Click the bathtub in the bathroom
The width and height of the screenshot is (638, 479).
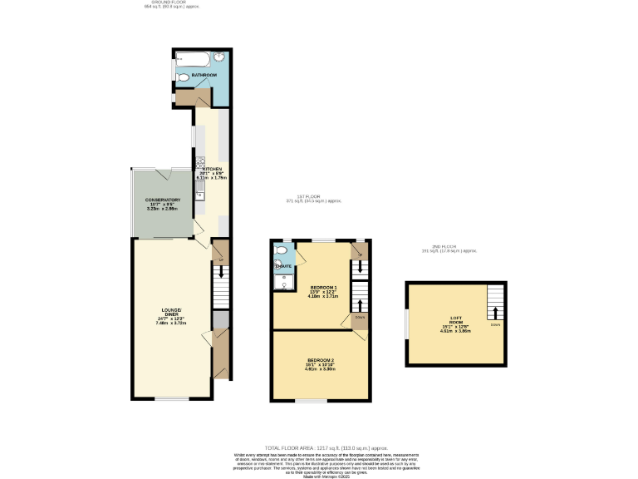[x=193, y=58]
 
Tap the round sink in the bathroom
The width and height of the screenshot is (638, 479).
[x=220, y=57]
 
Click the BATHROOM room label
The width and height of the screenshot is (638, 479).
[x=204, y=75]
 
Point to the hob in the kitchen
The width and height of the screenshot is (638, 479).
[x=200, y=163]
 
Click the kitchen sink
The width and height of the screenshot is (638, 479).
[x=199, y=192]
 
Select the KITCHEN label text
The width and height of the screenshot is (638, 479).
[x=212, y=169]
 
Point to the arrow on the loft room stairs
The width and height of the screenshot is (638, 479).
[x=495, y=312]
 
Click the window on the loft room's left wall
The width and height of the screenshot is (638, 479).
[x=406, y=323]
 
